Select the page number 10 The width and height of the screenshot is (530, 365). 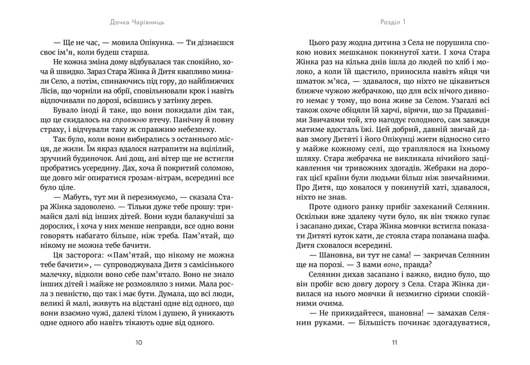pos(139,343)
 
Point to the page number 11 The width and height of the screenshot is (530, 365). pos(394,343)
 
